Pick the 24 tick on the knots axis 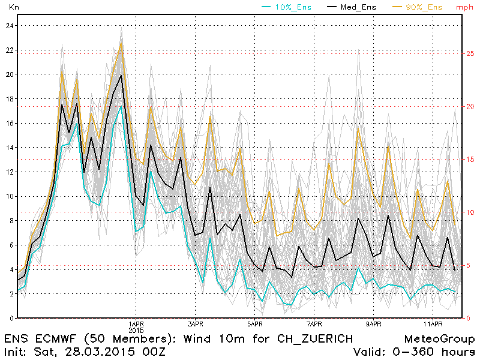click(x=8, y=26)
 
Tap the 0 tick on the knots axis click(x=10, y=318)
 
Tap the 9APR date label click(x=374, y=323)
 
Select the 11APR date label click(x=433, y=323)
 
